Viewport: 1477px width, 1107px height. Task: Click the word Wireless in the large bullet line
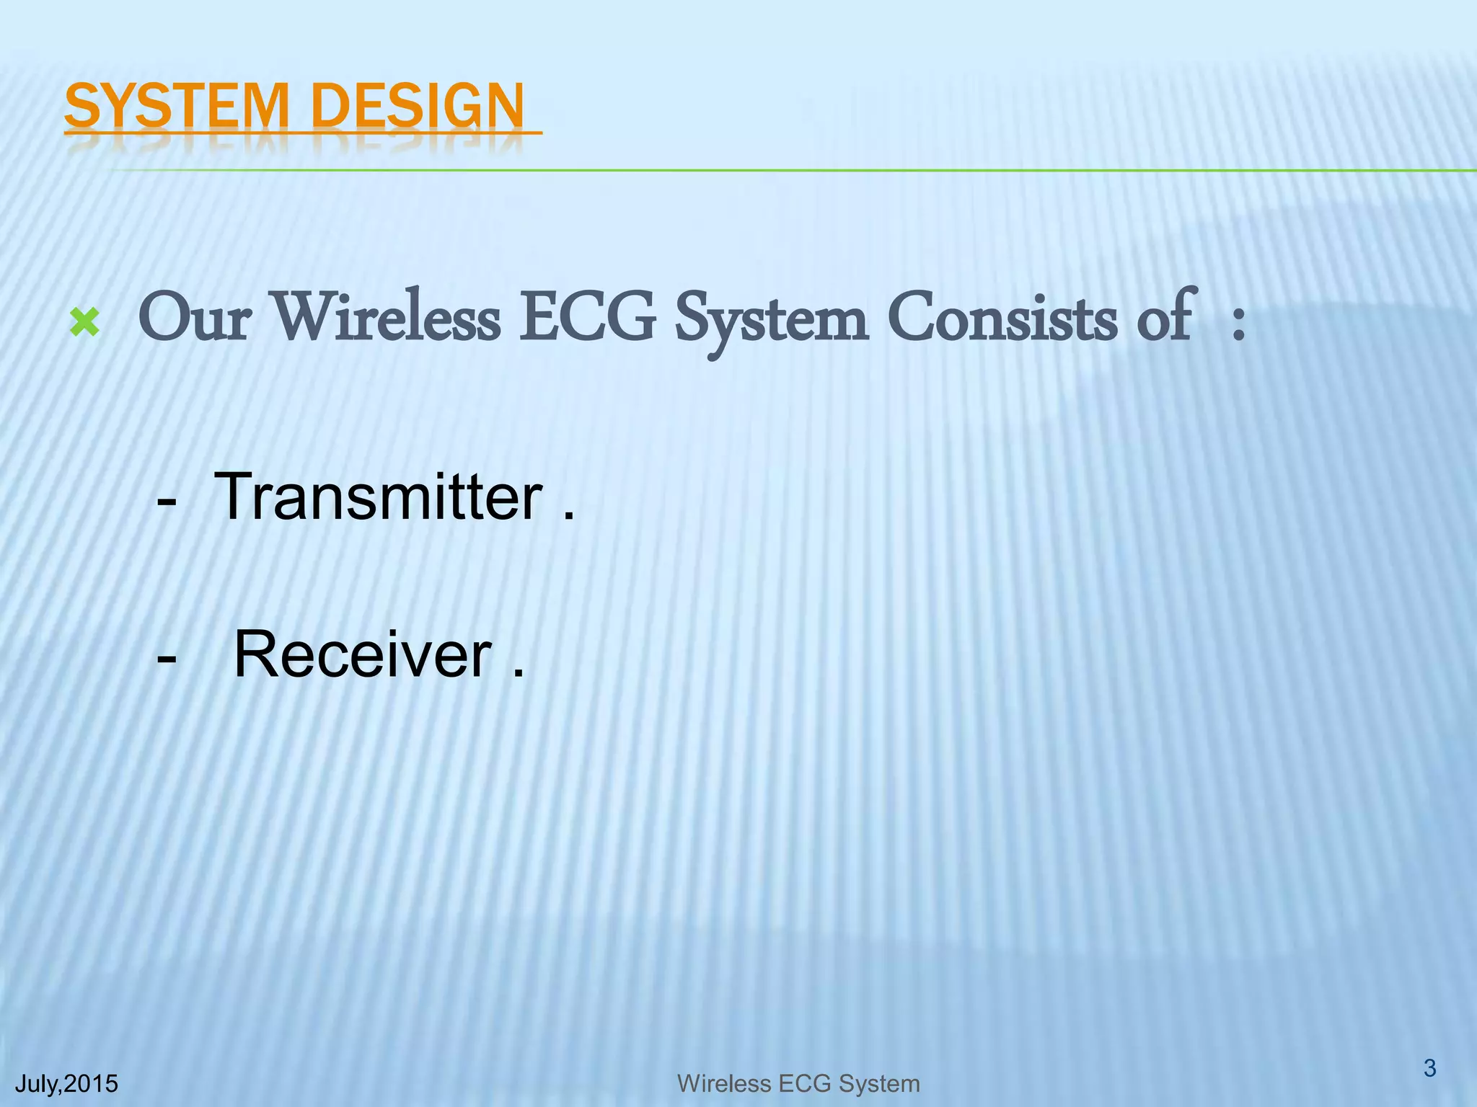tap(387, 319)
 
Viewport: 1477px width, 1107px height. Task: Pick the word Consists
tap(1002, 319)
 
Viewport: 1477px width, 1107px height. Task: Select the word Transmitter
tap(378, 497)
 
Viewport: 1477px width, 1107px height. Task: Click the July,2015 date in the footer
tap(66, 1083)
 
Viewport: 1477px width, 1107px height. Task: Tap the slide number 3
tap(1429, 1067)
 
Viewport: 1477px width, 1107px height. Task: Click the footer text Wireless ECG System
tap(798, 1083)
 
